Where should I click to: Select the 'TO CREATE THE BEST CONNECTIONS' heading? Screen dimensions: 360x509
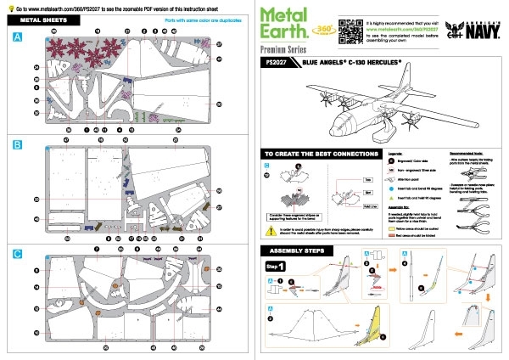tap(314, 155)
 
